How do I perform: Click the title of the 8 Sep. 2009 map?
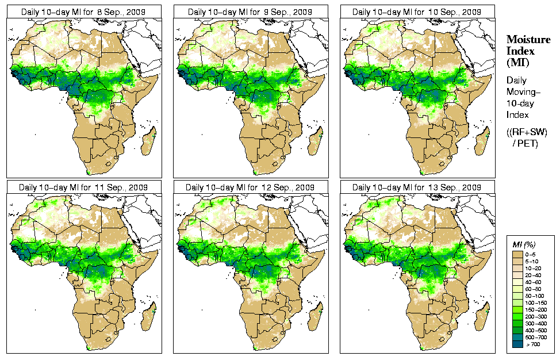[x=83, y=12]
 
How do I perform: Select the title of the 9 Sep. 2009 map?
[x=250, y=12]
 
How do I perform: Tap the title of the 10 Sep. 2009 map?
[x=416, y=12]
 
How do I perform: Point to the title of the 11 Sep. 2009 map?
[x=83, y=187]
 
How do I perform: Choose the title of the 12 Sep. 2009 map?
[x=250, y=187]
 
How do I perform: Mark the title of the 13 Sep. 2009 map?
[x=416, y=187]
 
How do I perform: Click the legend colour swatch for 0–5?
[x=518, y=254]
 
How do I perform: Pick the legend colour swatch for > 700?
[x=518, y=344]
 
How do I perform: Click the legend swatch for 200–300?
[x=518, y=316]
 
